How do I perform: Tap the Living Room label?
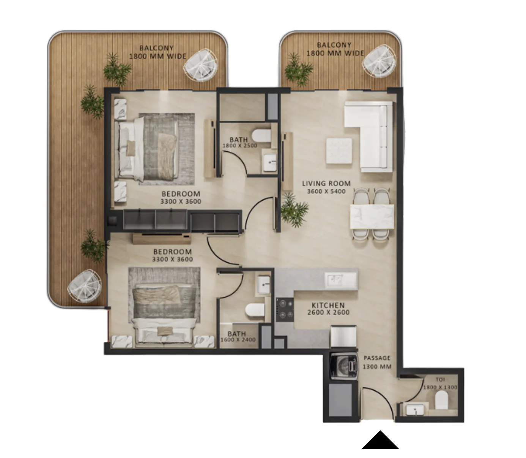coord(326,184)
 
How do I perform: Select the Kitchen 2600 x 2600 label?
coord(328,309)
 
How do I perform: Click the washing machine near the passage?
coord(344,366)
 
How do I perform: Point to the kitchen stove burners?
coord(285,310)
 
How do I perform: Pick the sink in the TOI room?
coord(415,410)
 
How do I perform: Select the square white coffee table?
coord(339,151)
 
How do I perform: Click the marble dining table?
coord(372,216)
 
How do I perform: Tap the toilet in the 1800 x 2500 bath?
coord(261,136)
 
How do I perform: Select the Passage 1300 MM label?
coord(377,362)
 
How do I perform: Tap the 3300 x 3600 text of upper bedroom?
coord(181,201)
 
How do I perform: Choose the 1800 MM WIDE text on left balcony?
coord(157,56)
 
